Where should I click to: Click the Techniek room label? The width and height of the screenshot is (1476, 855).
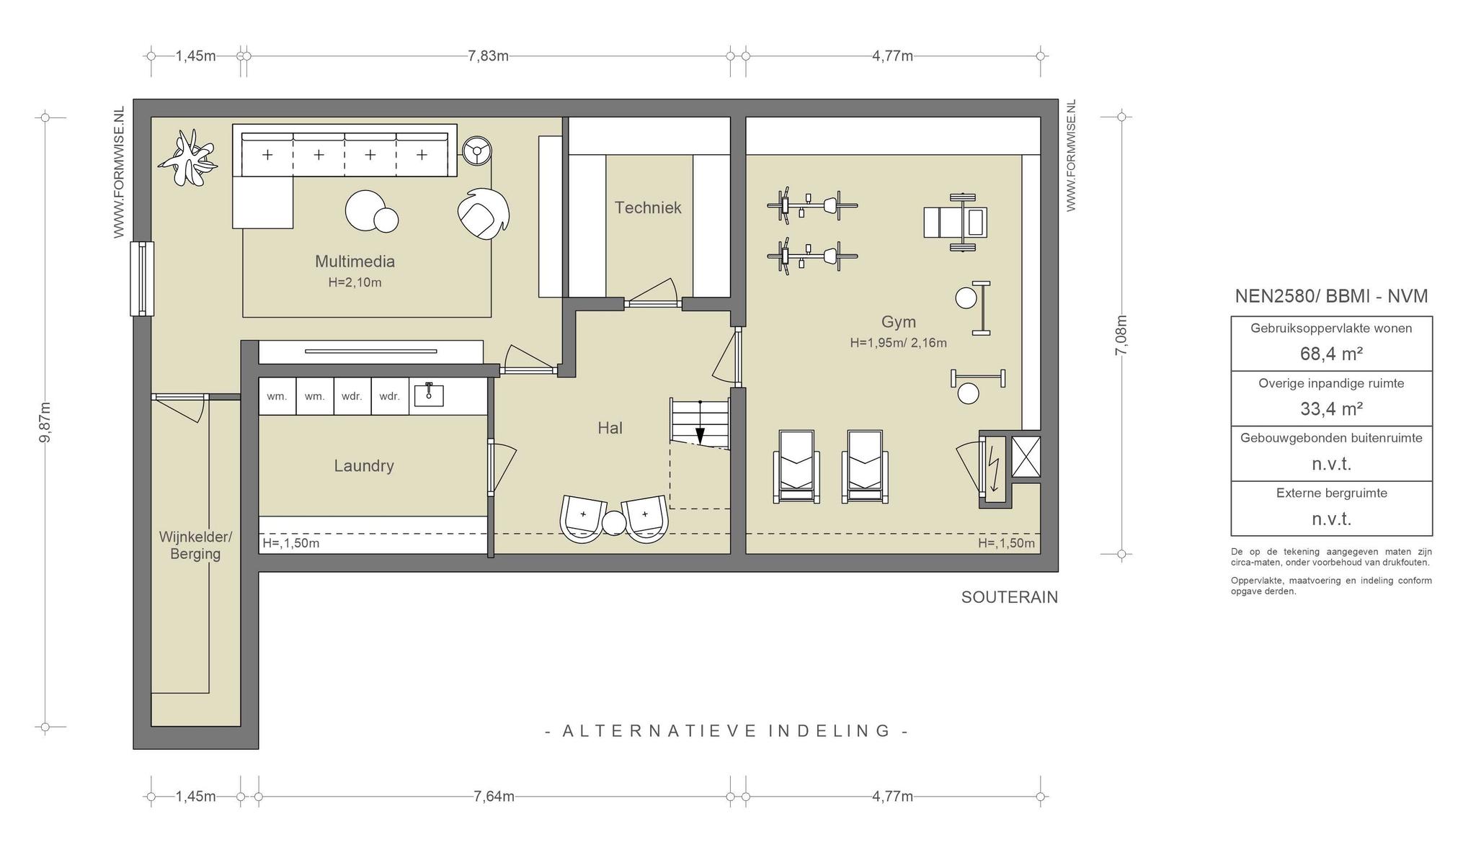[648, 207]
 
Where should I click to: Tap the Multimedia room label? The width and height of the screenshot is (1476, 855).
[355, 261]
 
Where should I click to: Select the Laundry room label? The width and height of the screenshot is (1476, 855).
[364, 466]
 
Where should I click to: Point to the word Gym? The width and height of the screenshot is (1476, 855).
[899, 322]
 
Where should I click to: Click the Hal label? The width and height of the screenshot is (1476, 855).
[610, 428]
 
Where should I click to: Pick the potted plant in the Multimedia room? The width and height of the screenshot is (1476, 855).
[187, 158]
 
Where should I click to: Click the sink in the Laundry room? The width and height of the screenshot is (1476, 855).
[429, 395]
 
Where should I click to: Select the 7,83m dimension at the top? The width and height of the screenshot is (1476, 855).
[488, 55]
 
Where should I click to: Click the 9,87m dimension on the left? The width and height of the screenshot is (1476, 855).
[45, 422]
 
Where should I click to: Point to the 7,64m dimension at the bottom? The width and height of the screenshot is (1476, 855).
[494, 796]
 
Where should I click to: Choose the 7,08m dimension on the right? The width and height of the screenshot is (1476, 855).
[1121, 336]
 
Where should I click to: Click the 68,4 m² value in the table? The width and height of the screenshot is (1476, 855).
[1331, 354]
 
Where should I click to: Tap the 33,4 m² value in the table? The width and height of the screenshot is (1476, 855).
[1331, 409]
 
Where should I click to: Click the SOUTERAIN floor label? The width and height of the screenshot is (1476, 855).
[1009, 597]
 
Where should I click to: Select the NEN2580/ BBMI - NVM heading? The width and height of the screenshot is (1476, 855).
[1331, 296]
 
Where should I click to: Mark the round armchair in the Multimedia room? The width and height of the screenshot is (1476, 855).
[484, 214]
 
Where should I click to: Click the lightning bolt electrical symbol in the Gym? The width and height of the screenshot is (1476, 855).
[994, 469]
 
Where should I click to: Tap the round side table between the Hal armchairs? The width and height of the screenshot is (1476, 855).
[614, 524]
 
